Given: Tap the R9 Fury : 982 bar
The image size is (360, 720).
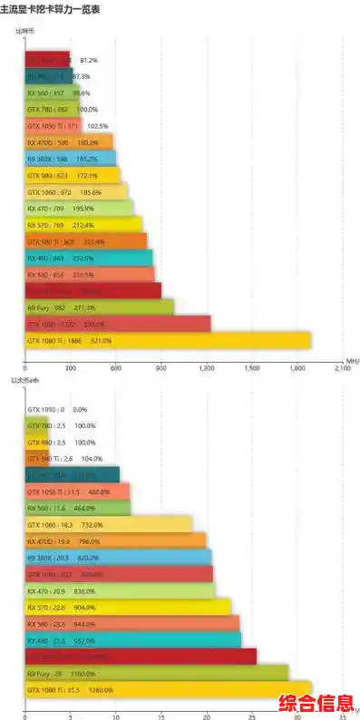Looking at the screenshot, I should pos(100,307).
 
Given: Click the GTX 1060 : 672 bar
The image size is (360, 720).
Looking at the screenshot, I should pos(76,192).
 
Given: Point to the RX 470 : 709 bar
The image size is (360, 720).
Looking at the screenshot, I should pos(80,209).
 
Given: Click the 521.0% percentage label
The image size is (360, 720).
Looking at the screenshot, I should pos(101,340).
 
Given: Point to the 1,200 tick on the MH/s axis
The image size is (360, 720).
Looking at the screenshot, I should pos(207,369).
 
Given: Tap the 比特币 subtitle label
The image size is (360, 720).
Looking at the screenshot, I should pos(25,32).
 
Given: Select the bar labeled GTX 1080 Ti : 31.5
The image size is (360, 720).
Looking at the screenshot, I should pos(169,689).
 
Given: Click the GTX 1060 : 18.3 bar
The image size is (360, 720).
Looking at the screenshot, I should pos(109,524).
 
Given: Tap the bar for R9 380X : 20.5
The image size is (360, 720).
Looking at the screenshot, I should pos(118,558).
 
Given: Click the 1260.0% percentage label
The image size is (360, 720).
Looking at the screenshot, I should pos(101,689).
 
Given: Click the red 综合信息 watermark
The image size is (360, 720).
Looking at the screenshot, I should pos(316,703).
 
